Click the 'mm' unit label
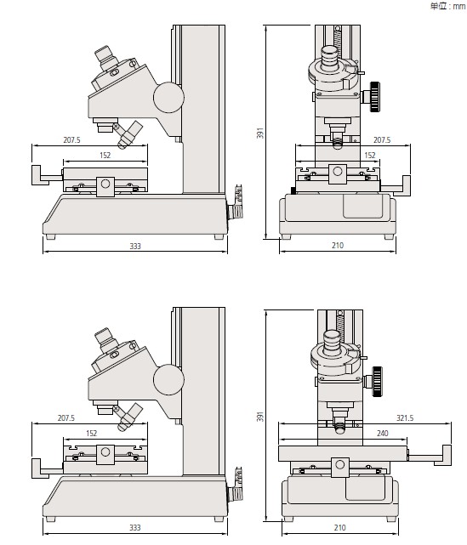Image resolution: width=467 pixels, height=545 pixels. [x=459, y=6]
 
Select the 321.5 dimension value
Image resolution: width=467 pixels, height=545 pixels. [x=405, y=417]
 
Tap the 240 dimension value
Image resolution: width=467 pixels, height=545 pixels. [x=382, y=433]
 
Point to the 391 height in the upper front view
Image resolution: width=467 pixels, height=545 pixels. [x=260, y=133]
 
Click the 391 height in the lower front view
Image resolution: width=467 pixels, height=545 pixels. [x=260, y=417]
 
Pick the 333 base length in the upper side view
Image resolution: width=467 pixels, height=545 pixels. [x=135, y=246]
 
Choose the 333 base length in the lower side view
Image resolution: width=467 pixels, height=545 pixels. [x=135, y=528]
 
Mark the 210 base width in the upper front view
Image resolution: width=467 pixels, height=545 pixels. [x=338, y=246]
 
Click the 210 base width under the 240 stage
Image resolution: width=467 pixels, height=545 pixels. [x=339, y=528]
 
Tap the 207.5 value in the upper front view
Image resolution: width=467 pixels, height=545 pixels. [x=382, y=139]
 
